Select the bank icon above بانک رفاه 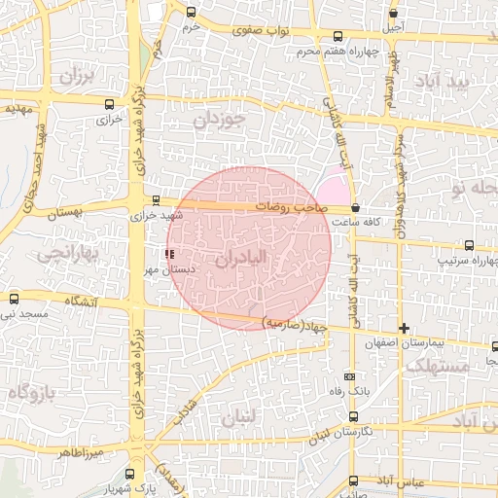pos(350,376)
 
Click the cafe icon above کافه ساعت pos(355,207)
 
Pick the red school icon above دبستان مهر pos(171,254)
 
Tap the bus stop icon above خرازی pos(107,101)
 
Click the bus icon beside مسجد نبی pos(14,299)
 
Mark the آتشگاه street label pos(80,302)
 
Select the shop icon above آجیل pos(393,14)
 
